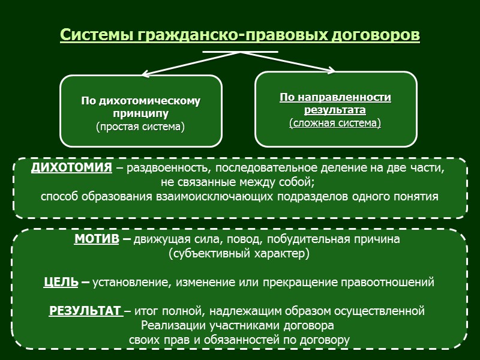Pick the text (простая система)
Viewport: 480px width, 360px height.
[140, 127]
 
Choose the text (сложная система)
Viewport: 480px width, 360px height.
[335, 123]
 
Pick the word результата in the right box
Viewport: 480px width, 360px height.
[335, 110]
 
